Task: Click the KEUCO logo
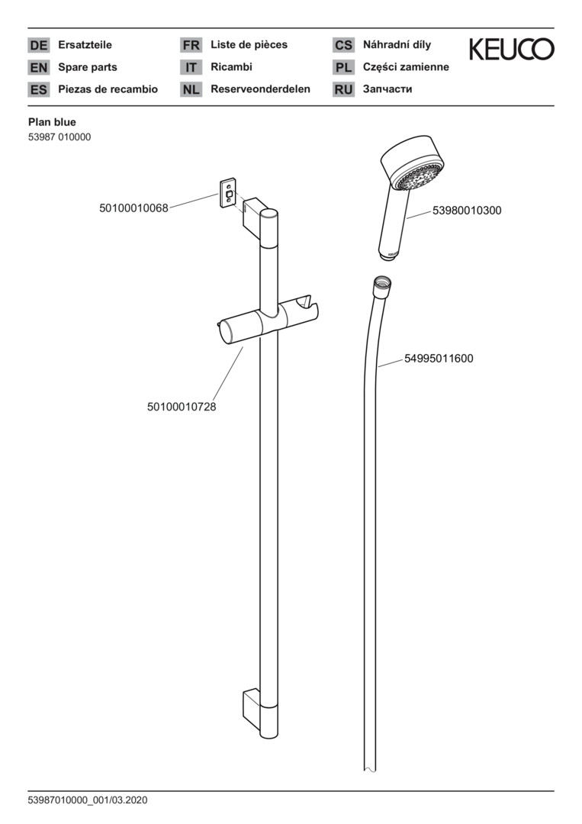click(511, 50)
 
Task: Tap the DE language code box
click(38, 45)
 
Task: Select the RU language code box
click(343, 89)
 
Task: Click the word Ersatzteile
click(85, 45)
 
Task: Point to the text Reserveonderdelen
click(260, 89)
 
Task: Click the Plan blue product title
click(52, 121)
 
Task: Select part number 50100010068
click(133, 208)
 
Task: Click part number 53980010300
click(467, 211)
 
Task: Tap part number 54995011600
click(439, 358)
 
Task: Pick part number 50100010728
click(182, 407)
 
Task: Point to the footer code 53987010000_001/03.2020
click(87, 800)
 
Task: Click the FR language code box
click(191, 45)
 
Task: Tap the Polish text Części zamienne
click(406, 67)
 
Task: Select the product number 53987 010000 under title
click(59, 137)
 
